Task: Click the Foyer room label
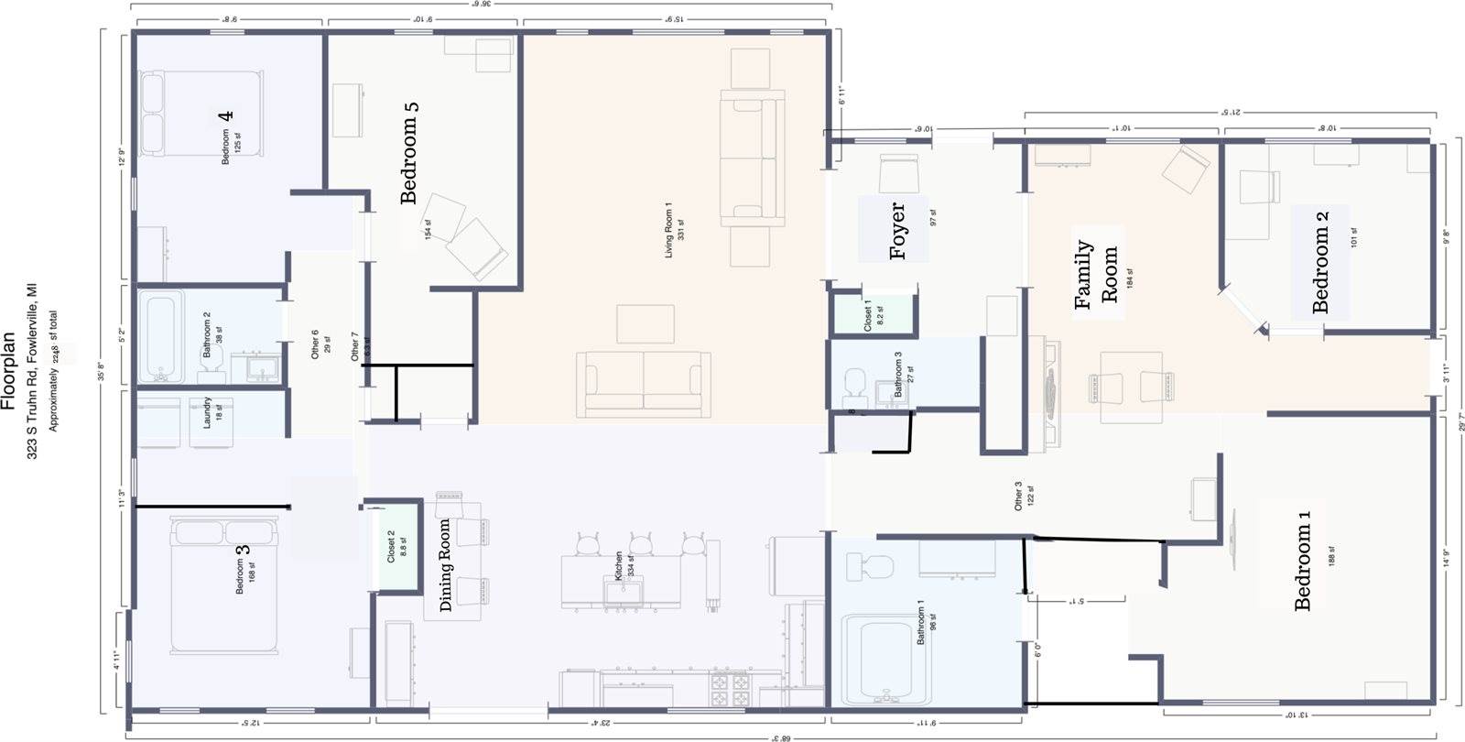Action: [898, 231]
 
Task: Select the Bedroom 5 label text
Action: [409, 152]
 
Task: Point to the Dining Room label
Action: [446, 565]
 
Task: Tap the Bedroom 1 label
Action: [1304, 561]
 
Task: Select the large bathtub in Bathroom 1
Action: [881, 660]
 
